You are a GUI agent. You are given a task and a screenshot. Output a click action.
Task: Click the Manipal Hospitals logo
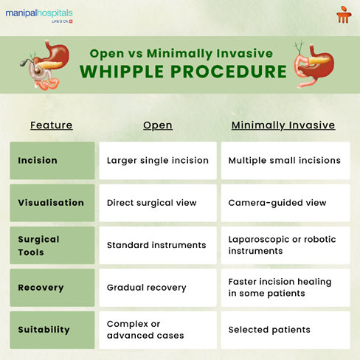coord(39,15)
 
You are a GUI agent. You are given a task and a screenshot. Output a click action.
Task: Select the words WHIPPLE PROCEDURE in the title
coord(183,72)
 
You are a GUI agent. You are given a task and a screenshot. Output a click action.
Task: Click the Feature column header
coord(52,125)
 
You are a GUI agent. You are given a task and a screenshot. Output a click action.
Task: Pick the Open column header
coord(158,125)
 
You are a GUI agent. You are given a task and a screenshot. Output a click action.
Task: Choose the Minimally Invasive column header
coord(283,125)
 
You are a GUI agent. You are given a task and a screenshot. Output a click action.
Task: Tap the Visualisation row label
coord(52,203)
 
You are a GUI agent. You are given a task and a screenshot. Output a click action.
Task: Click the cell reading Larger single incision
coord(158,161)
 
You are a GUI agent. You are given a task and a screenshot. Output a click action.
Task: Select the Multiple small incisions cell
coord(284,161)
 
